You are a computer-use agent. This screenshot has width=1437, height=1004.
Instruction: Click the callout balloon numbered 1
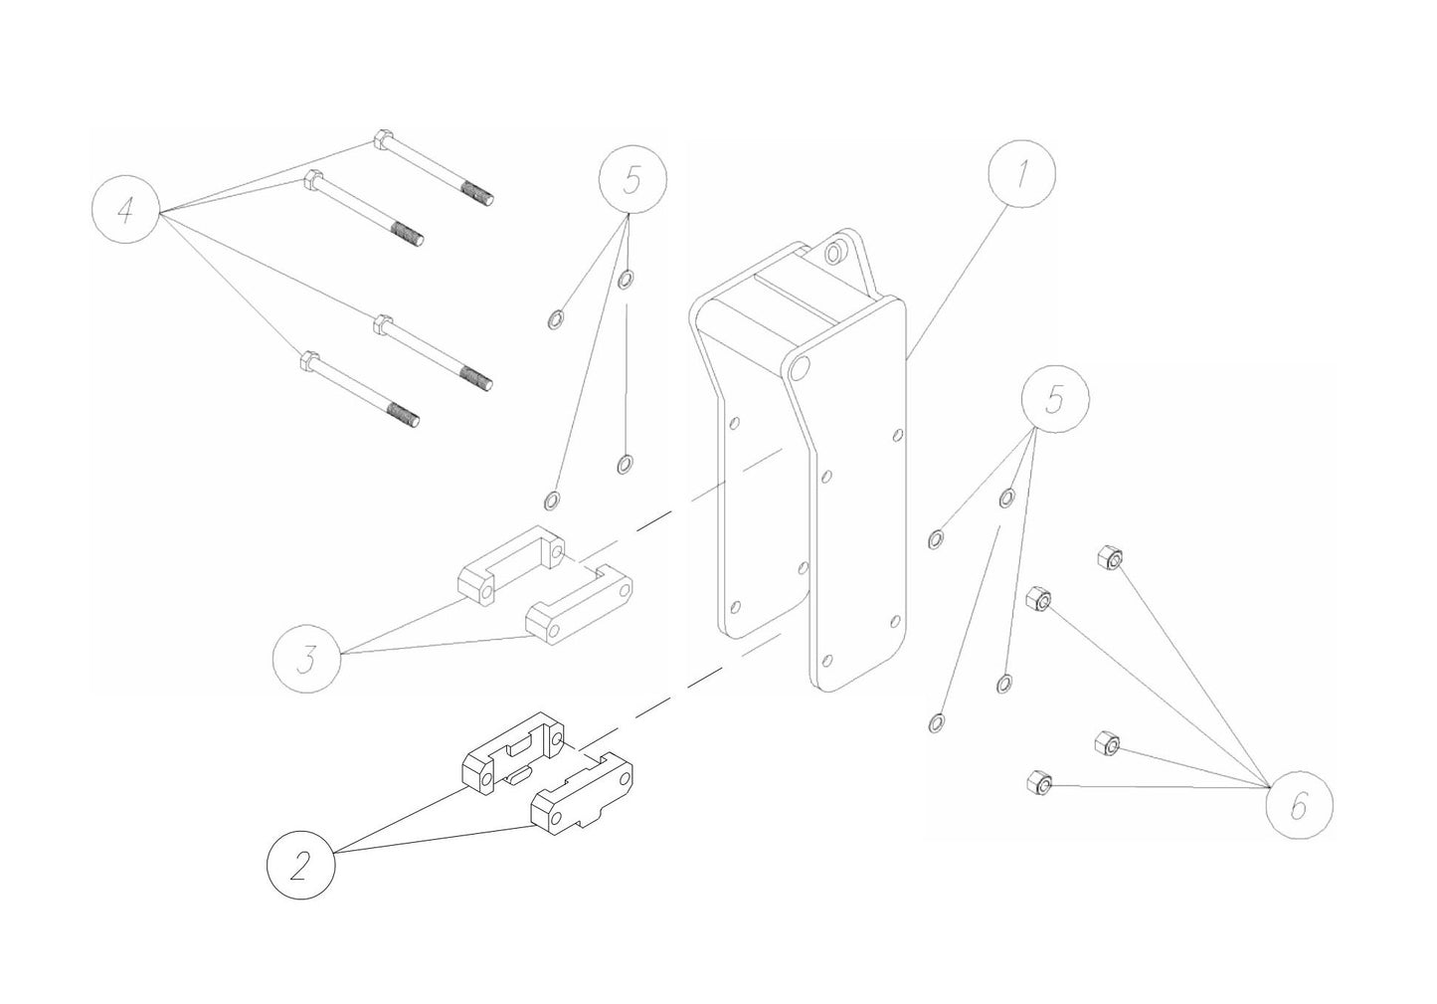(x=1021, y=172)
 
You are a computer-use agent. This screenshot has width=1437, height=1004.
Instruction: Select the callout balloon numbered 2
(x=301, y=865)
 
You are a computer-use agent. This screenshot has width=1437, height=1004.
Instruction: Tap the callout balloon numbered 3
(x=307, y=657)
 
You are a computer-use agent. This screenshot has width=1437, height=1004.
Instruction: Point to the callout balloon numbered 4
(x=125, y=211)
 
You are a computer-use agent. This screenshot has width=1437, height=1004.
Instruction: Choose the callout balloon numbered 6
(x=1299, y=804)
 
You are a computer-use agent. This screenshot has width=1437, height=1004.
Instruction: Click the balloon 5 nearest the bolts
(x=632, y=180)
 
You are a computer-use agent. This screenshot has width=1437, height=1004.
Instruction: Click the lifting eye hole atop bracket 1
(x=833, y=255)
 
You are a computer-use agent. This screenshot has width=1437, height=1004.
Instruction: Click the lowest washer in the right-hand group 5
(x=936, y=720)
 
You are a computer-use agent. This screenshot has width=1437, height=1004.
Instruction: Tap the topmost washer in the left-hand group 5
(x=625, y=279)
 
